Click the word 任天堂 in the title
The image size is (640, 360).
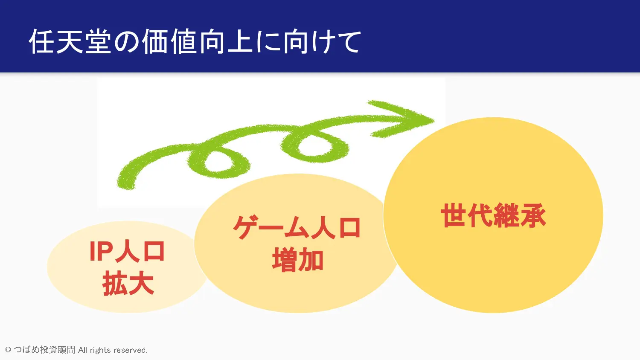tap(70, 42)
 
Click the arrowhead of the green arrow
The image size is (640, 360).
tap(406, 119)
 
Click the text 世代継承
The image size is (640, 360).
tap(493, 215)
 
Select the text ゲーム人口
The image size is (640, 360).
tap(297, 228)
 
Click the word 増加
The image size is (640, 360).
tap(297, 260)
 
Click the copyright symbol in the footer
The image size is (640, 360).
tap(8, 350)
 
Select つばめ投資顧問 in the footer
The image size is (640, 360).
tap(44, 350)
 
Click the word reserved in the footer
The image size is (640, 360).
tap(130, 350)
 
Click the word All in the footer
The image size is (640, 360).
tap(83, 350)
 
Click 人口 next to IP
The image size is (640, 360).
tap(140, 251)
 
